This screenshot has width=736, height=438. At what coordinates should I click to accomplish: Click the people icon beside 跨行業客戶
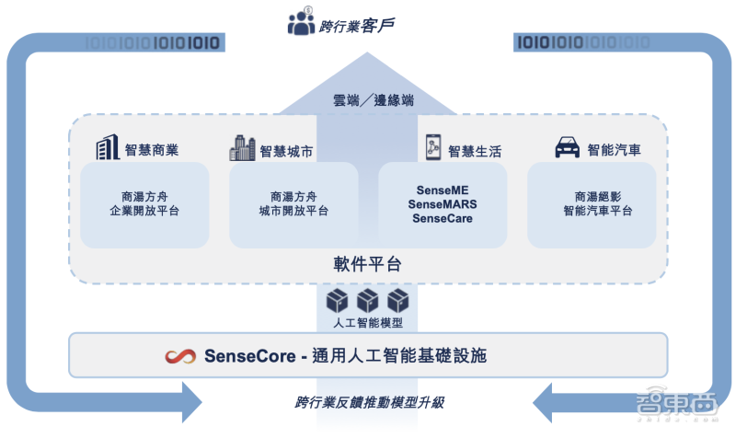click(302, 21)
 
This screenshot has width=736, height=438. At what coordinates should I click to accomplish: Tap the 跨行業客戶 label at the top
click(357, 26)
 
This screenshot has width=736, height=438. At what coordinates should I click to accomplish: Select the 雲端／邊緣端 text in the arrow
click(374, 100)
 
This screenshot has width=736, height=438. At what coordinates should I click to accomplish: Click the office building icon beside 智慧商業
click(108, 147)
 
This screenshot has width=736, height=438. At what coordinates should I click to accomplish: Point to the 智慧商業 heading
click(152, 150)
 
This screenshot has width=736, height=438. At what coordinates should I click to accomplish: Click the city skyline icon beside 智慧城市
click(242, 148)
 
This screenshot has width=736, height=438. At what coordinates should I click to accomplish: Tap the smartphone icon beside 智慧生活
click(432, 147)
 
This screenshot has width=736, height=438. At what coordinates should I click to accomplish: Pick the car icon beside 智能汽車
click(568, 147)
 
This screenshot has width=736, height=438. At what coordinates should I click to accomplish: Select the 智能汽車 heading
click(614, 150)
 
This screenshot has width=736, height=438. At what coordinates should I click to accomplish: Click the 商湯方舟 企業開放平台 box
click(144, 204)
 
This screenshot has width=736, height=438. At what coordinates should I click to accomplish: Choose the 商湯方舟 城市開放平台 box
click(293, 204)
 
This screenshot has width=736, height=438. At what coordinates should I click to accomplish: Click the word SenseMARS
click(443, 204)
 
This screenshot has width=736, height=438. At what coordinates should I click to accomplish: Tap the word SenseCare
click(443, 218)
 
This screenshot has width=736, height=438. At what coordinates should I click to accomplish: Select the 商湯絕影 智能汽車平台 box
click(592, 204)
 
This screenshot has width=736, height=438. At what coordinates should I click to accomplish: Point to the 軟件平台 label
click(367, 264)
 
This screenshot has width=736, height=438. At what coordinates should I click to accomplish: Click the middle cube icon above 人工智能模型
click(367, 301)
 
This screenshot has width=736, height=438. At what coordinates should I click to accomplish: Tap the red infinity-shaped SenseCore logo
click(180, 356)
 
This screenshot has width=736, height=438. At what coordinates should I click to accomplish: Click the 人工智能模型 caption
click(368, 323)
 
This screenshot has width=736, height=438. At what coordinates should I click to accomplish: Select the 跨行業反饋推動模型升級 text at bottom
click(370, 402)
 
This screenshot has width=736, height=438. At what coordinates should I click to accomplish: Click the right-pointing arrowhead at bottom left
click(192, 402)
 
